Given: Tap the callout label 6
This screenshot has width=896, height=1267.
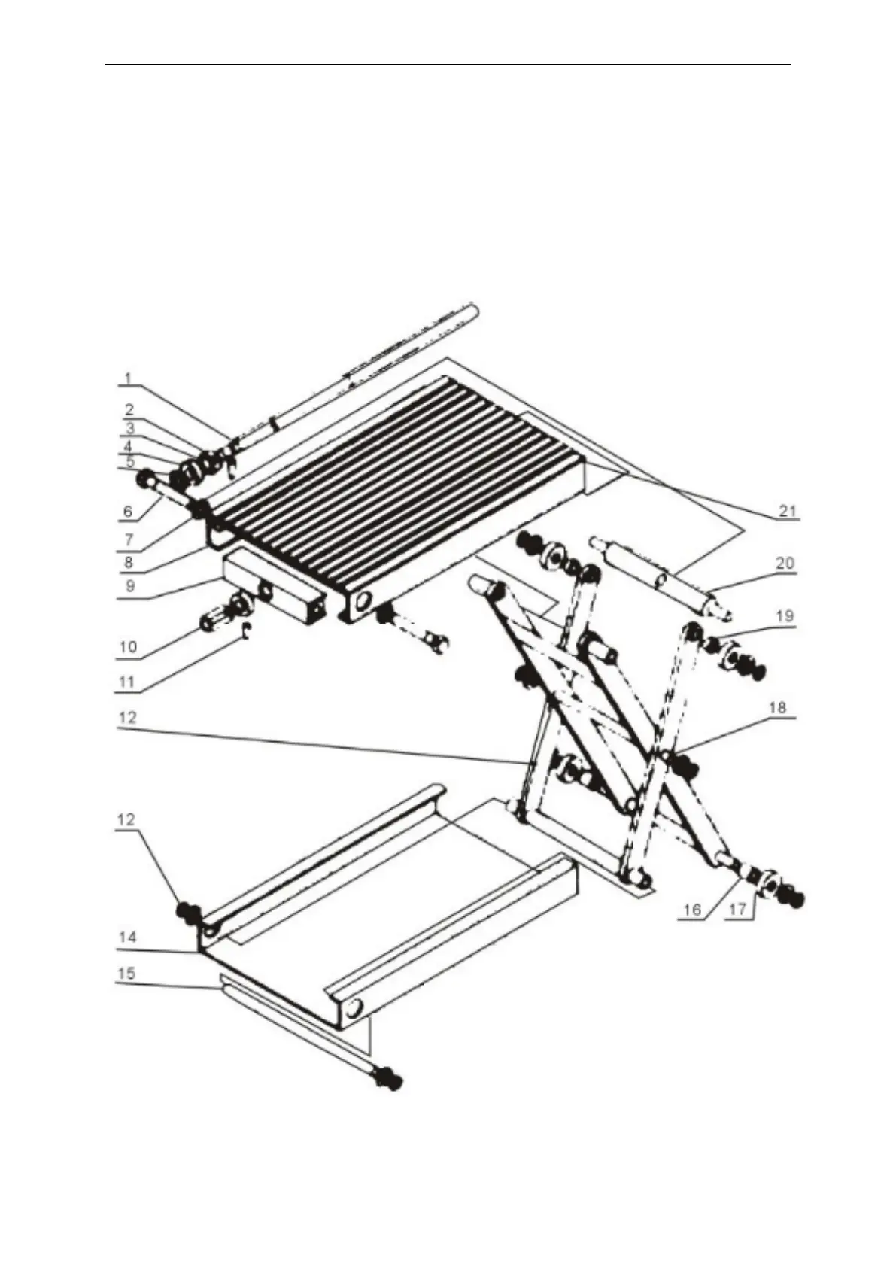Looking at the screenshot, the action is click(127, 512).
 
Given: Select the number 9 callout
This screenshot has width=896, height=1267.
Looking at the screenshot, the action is click(129, 585).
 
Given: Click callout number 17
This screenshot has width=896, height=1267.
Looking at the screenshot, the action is click(738, 910).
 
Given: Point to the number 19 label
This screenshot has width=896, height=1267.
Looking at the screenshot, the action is click(785, 615).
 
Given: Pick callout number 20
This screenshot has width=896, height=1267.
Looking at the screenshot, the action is click(785, 563).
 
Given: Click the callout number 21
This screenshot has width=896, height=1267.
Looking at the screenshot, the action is click(787, 512).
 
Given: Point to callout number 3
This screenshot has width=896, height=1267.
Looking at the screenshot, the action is click(129, 429).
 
